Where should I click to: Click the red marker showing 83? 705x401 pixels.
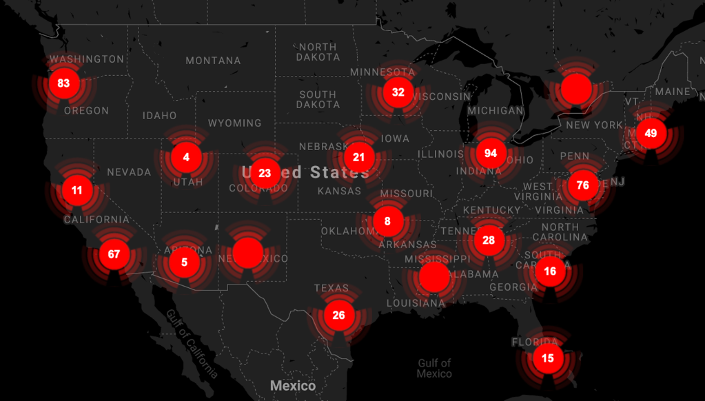pyautogui.click(x=64, y=83)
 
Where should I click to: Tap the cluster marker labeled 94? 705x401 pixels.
pyautogui.click(x=491, y=152)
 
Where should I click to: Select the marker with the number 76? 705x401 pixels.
pyautogui.click(x=583, y=185)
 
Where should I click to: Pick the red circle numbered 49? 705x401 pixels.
pyautogui.click(x=651, y=133)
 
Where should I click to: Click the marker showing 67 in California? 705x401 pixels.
pyautogui.click(x=114, y=254)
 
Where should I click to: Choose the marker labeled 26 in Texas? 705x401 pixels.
pyautogui.click(x=338, y=316)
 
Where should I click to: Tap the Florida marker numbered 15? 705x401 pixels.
pyautogui.click(x=548, y=358)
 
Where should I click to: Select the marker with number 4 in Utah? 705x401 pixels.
pyautogui.click(x=186, y=157)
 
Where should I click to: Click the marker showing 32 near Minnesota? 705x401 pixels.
pyautogui.click(x=398, y=92)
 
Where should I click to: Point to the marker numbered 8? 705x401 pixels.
pyautogui.click(x=387, y=221)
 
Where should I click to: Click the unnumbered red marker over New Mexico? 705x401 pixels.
pyautogui.click(x=248, y=253)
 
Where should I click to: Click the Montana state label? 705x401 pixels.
pyautogui.click(x=213, y=61)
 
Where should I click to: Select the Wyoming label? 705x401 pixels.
pyautogui.click(x=234, y=123)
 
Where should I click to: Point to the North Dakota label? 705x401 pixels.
pyautogui.click(x=318, y=52)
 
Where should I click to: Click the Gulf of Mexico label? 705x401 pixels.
pyautogui.click(x=434, y=368)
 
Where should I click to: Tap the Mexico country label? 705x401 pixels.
pyautogui.click(x=293, y=386)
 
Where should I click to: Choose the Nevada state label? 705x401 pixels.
pyautogui.click(x=128, y=172)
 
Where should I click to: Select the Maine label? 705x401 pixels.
pyautogui.click(x=673, y=92)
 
